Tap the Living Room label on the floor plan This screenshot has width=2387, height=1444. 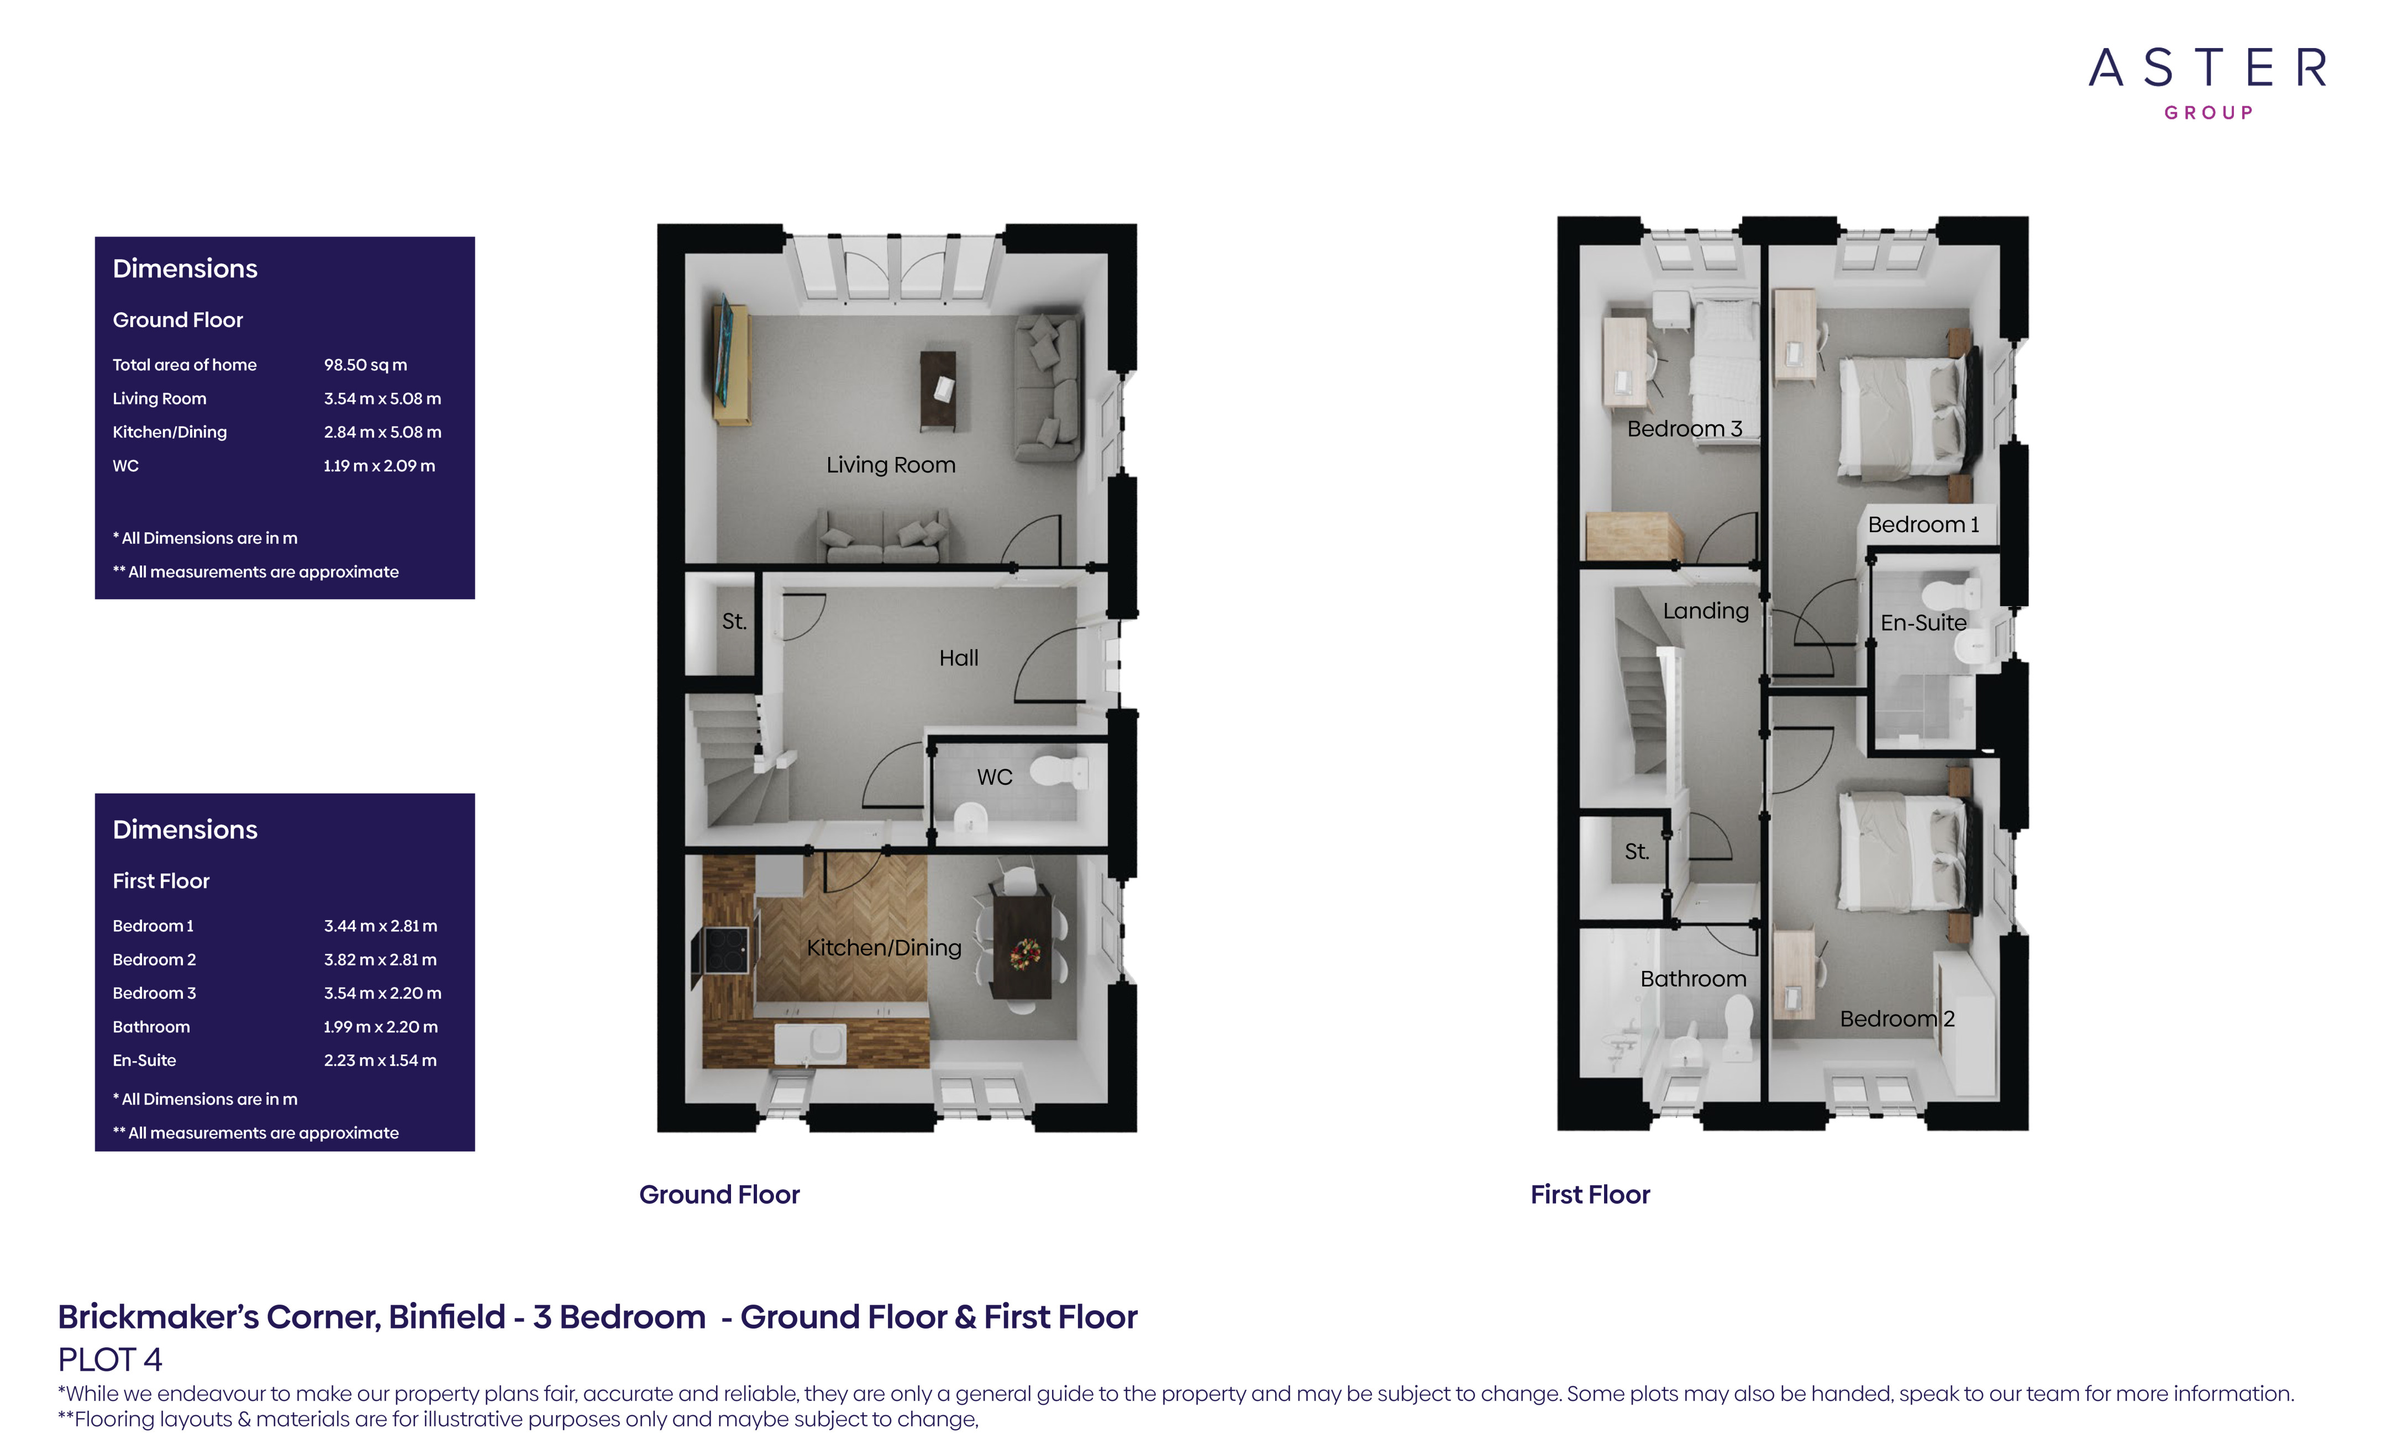[x=890, y=465]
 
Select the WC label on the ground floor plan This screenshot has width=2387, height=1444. [x=994, y=777]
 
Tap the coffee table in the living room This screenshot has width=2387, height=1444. [x=937, y=390]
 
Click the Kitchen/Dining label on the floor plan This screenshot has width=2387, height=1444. [x=884, y=948]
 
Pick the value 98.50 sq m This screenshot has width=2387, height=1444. [x=365, y=365]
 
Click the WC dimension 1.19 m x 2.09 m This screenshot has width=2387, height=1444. [x=379, y=466]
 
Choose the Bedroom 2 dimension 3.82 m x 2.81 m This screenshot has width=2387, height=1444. [x=380, y=959]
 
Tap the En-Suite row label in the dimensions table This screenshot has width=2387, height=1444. [x=144, y=1060]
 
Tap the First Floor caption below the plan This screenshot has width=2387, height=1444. [x=1590, y=1195]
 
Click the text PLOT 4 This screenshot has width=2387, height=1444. [x=109, y=1359]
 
